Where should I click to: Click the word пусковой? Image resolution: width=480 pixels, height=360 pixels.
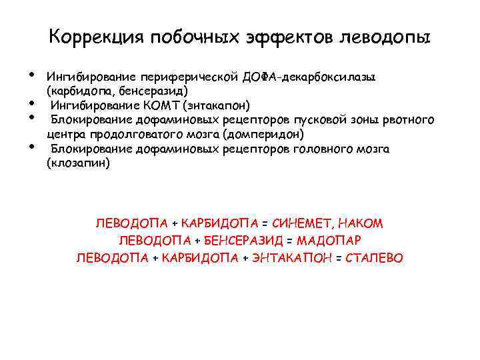(307, 120)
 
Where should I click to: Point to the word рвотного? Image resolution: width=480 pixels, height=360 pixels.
(409, 120)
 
